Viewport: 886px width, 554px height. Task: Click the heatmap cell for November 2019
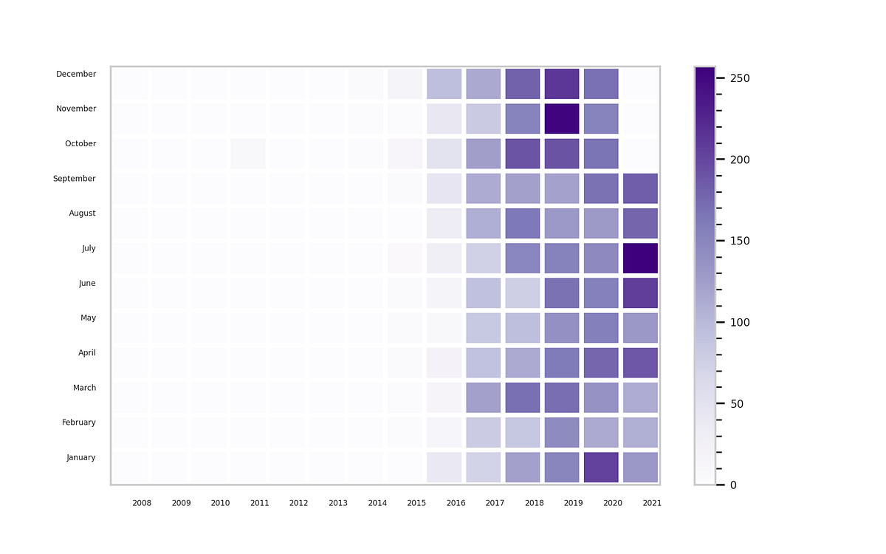point(562,118)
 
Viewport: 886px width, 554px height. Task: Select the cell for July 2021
point(640,258)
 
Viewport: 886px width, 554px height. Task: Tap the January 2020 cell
point(601,467)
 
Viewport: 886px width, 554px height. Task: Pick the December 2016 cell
point(444,83)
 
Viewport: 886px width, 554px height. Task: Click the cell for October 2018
point(523,153)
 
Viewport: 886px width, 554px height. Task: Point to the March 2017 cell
point(484,397)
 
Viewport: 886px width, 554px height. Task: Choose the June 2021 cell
point(640,293)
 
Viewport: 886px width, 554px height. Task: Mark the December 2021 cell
point(640,83)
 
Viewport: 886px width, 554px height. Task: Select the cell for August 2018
point(523,223)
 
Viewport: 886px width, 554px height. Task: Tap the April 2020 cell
point(601,363)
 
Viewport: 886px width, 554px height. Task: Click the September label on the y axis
point(75,179)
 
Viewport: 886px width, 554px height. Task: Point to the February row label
point(79,423)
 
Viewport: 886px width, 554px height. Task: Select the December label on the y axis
point(76,74)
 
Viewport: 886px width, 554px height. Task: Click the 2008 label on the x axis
point(142,503)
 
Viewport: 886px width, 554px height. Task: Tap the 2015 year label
point(416,503)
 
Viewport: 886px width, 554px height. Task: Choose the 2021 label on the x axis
point(652,503)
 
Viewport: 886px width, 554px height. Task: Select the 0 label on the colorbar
point(732,485)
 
